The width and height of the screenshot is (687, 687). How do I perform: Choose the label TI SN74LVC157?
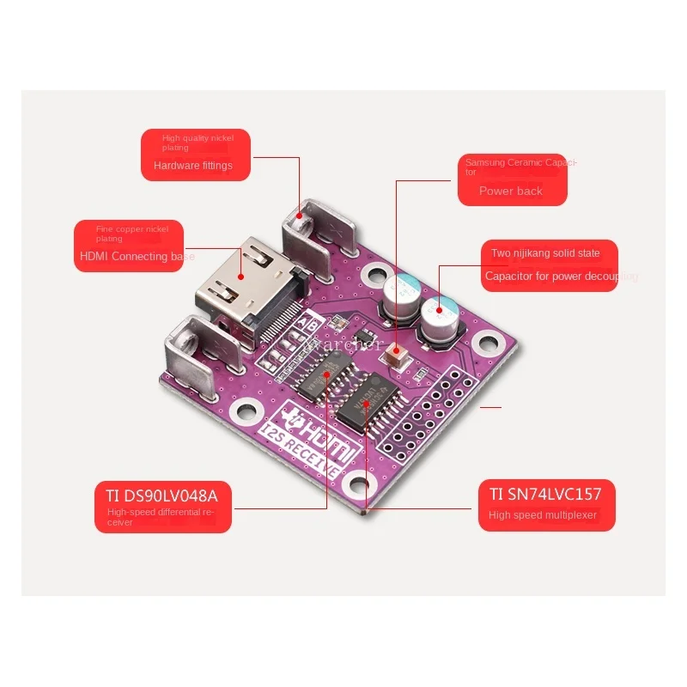[x=545, y=493]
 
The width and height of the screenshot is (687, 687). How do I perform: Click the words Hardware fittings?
[x=193, y=166]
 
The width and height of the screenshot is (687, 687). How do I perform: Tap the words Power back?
[x=511, y=192]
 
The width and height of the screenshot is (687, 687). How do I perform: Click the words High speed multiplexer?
[x=543, y=515]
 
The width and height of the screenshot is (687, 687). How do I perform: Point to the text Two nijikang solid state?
[x=545, y=253]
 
